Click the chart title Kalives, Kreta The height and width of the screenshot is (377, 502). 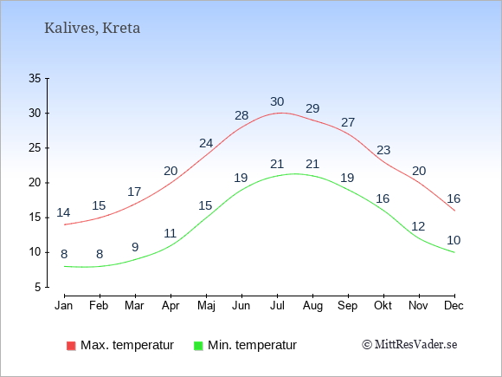coord(93,29)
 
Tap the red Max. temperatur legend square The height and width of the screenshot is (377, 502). coord(71,346)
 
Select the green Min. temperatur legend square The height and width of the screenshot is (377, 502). coord(198,346)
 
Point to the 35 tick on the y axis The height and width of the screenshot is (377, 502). coord(35,78)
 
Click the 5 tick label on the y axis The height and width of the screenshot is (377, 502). coord(38,287)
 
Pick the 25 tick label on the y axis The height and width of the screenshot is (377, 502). coord(35,148)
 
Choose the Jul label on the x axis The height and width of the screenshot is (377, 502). coord(277,306)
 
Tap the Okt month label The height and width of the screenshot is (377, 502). coord(383,306)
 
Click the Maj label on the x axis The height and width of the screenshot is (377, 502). coord(206,306)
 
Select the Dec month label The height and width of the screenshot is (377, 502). coord(454,306)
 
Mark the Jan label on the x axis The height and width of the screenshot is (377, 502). coord(64,306)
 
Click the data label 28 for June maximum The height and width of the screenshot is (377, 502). coord(241,115)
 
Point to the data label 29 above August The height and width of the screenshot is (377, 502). coord(312,108)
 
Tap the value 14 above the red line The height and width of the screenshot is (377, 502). coord(63,212)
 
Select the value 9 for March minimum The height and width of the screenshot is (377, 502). coord(135,247)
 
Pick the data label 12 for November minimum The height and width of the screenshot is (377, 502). coord(418,227)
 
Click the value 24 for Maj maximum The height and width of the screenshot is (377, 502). coord(206,143)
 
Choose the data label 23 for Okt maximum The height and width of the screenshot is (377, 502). coord(383,150)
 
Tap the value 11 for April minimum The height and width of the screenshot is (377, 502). coord(171,233)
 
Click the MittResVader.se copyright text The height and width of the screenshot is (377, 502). coord(409,345)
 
